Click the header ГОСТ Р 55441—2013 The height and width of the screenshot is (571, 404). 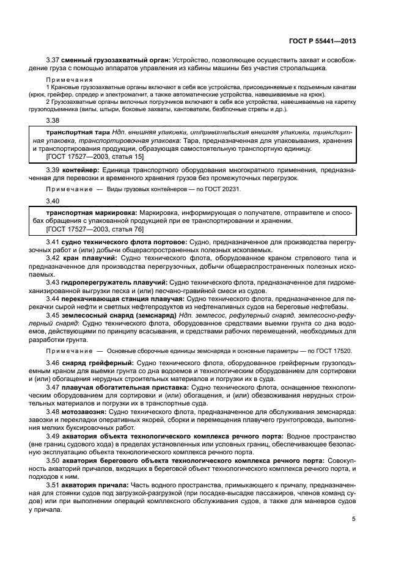tap(321, 42)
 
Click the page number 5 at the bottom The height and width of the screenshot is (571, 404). tap(354, 520)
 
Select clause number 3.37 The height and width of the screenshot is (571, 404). tap(54, 60)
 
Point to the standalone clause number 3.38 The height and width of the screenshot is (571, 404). tap(54, 121)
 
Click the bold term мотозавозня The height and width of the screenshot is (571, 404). tap(87, 412)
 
